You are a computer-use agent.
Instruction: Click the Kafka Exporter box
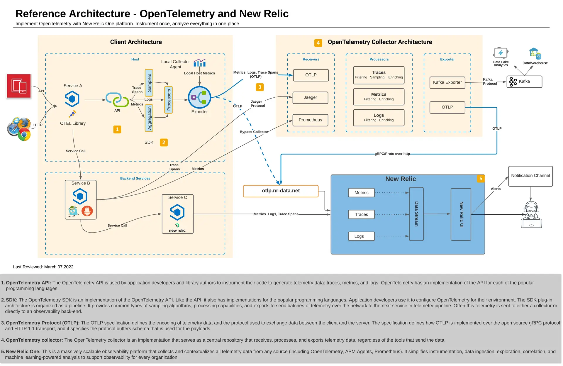[x=447, y=82]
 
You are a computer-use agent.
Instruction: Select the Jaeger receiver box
[x=310, y=97]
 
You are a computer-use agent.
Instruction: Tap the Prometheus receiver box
[x=310, y=120]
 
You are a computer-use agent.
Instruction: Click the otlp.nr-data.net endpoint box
[x=281, y=191]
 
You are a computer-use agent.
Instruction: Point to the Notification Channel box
[x=530, y=176]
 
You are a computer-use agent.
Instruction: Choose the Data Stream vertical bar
[x=416, y=214]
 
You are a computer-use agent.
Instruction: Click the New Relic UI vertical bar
[x=461, y=214]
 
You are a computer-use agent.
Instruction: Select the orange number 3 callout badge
[x=260, y=87]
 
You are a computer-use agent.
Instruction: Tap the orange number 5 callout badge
[x=481, y=179]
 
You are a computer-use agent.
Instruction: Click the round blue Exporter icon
[x=199, y=97]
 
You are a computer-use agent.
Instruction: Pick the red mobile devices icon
[x=19, y=86]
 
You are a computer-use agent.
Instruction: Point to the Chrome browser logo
[x=24, y=135]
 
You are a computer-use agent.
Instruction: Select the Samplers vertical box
[x=149, y=83]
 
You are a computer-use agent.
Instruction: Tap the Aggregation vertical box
[x=149, y=118]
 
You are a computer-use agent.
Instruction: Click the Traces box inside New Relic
[x=361, y=214]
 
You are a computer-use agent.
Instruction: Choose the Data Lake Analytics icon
[x=501, y=53]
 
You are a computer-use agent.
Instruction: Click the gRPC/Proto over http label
[x=392, y=154]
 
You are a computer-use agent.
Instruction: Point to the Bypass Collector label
[x=254, y=132]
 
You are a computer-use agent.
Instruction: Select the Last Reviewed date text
[x=43, y=267]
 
